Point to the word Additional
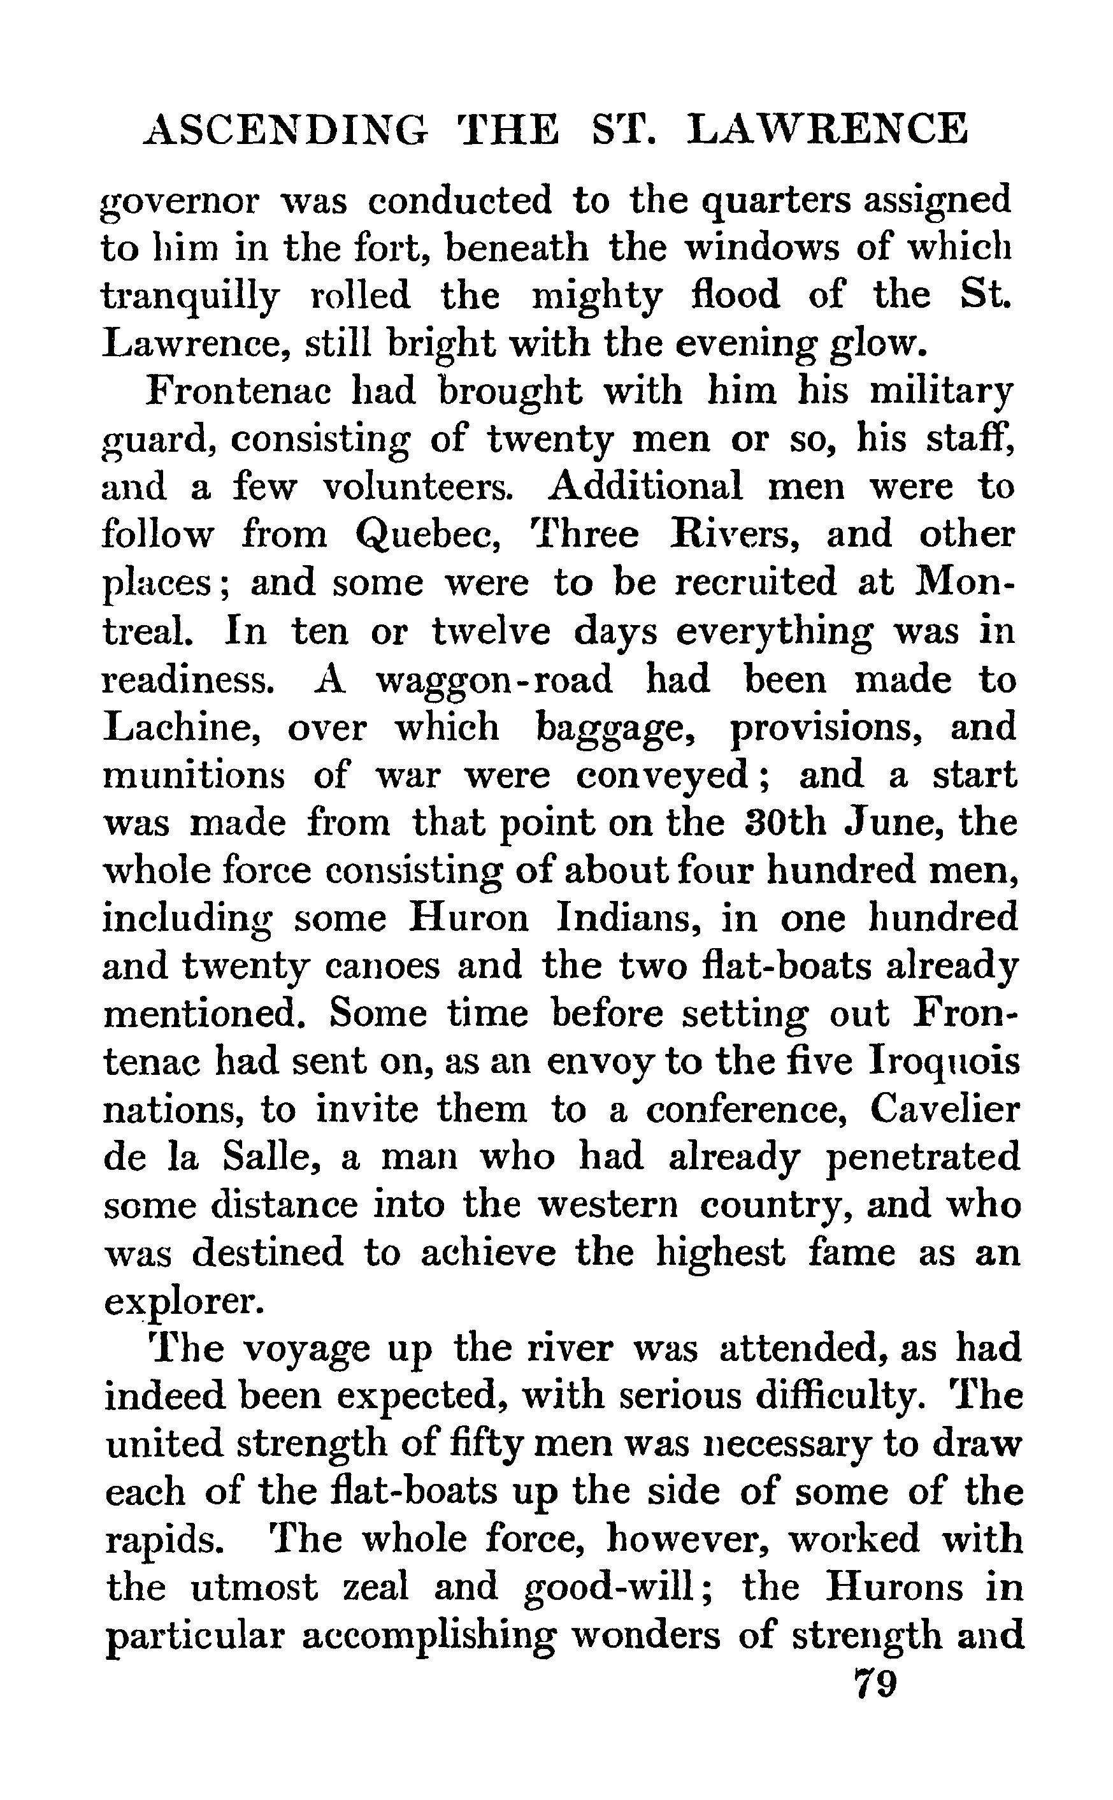(645, 487)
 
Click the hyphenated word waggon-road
(494, 679)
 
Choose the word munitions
(194, 775)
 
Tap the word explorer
(183, 1302)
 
